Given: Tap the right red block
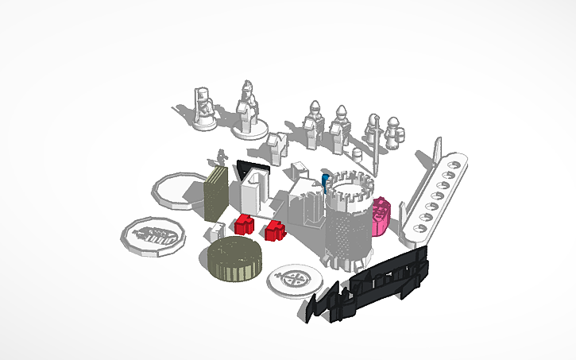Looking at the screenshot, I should click(275, 231).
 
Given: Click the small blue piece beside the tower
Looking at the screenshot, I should click(325, 179).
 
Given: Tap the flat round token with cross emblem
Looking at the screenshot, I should click(295, 280).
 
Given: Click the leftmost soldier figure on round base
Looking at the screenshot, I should click(204, 110).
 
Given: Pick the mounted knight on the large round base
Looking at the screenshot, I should click(249, 111).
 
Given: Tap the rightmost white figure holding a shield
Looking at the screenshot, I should click(393, 134).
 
